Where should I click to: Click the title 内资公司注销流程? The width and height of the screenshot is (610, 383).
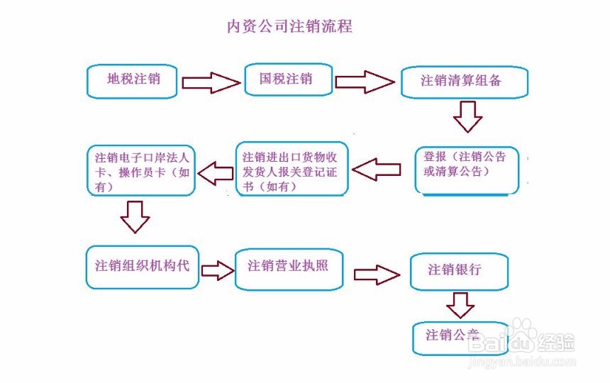289,27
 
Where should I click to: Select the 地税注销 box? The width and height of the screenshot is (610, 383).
133,81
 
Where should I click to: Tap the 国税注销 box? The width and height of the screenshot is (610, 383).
288,79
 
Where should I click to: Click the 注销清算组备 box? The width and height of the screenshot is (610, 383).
464,82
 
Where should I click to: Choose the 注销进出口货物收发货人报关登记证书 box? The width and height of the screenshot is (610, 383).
292,169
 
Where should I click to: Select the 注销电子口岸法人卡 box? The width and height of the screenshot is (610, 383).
140,170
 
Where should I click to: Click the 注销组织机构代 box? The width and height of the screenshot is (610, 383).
142,267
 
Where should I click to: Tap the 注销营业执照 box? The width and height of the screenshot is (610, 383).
288,268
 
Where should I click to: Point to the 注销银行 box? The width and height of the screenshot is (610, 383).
458,272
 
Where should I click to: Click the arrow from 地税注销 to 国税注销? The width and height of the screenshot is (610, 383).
211,83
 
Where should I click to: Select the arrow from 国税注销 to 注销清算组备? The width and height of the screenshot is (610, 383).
364,82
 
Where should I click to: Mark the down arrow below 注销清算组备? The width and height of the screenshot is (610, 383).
467,116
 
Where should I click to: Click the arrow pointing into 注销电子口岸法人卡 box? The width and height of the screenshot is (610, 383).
215,172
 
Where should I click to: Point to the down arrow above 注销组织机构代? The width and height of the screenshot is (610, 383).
135,217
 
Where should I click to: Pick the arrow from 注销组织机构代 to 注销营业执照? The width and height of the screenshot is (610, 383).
217,270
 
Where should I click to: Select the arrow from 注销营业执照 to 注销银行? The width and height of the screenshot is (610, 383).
376,274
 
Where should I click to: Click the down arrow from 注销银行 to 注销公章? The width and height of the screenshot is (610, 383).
460,305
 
